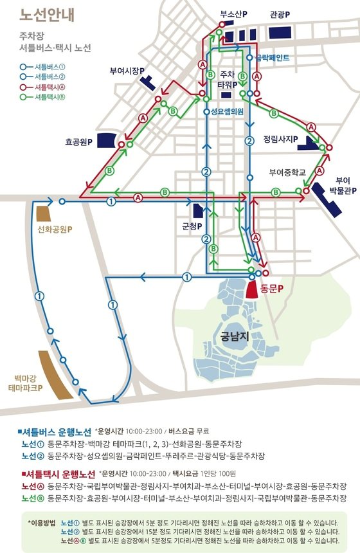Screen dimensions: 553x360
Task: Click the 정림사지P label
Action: [286, 139]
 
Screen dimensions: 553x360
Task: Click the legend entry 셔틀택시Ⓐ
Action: [49, 86]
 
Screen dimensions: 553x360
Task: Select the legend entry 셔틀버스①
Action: [49, 65]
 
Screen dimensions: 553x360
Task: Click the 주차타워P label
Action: [229, 79]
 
